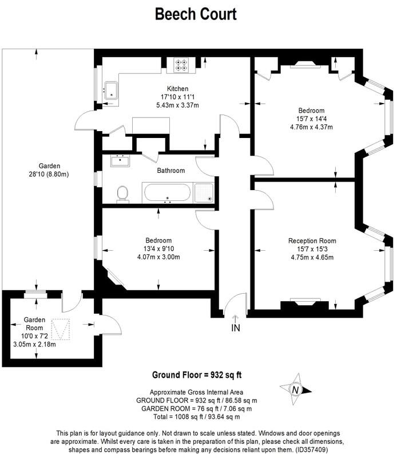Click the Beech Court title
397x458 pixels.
[196, 14]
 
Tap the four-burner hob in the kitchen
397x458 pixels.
[181, 66]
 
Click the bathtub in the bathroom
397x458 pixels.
[167, 192]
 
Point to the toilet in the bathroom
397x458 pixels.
[122, 194]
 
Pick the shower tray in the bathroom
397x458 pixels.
[204, 192]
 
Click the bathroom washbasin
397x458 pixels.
[120, 160]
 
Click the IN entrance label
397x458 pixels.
[235, 328]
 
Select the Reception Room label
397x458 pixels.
[312, 240]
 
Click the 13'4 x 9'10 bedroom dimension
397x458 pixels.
[158, 248]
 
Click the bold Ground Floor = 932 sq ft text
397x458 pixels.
[196, 375]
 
